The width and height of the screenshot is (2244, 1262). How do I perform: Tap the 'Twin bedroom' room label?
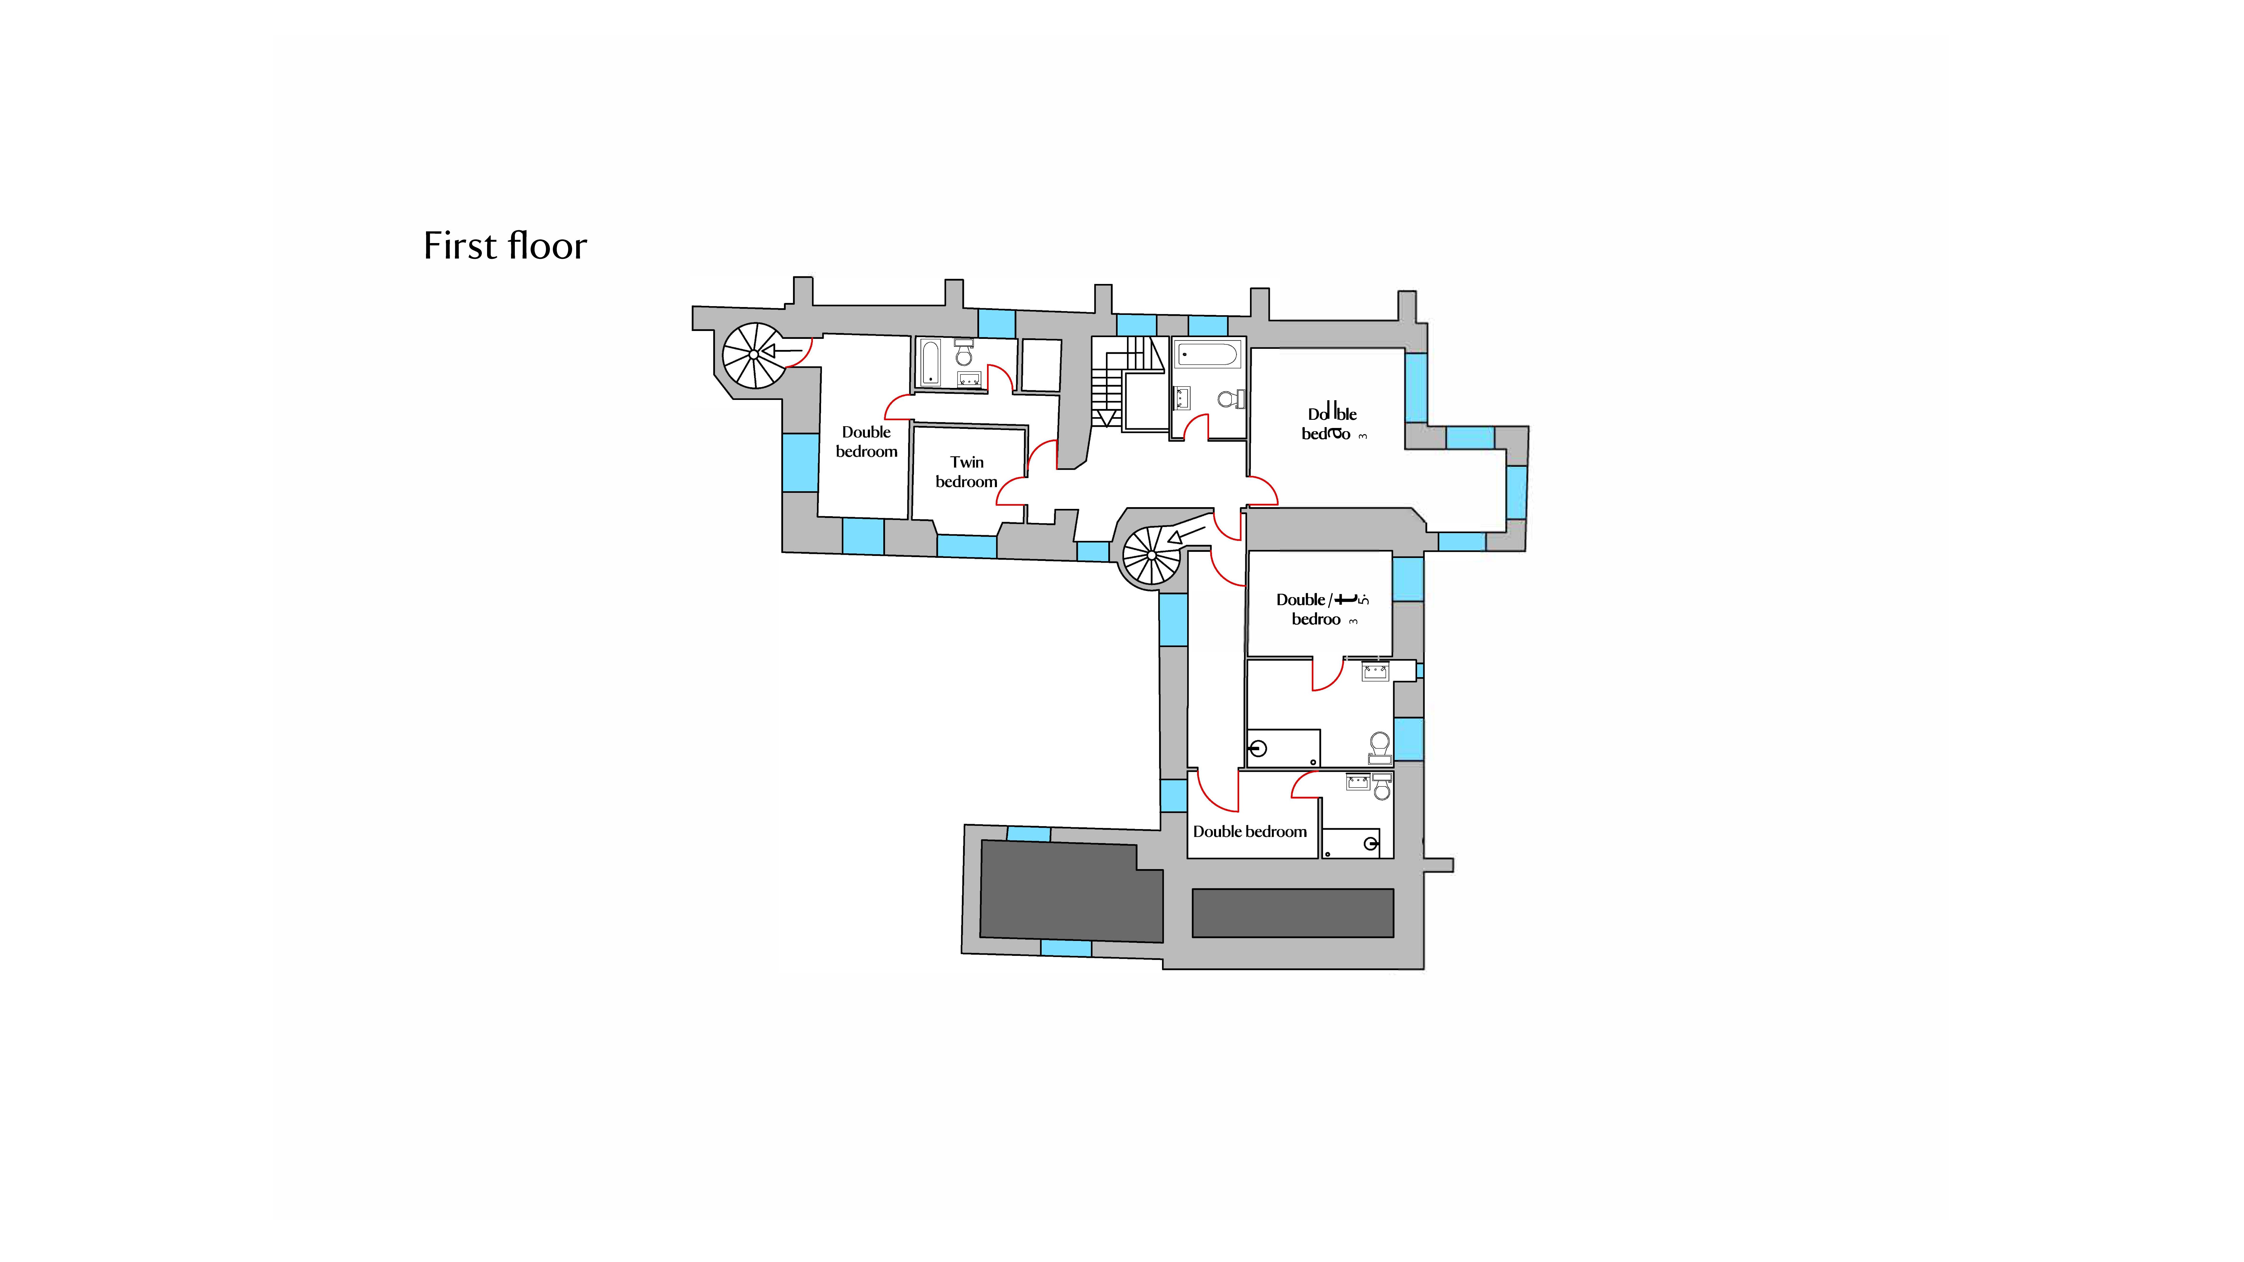[x=966, y=472]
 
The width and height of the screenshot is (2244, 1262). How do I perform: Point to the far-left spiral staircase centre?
[x=754, y=354]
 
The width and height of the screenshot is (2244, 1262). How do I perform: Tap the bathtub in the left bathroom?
[x=930, y=362]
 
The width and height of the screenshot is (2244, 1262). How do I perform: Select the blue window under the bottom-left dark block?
[x=1065, y=949]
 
